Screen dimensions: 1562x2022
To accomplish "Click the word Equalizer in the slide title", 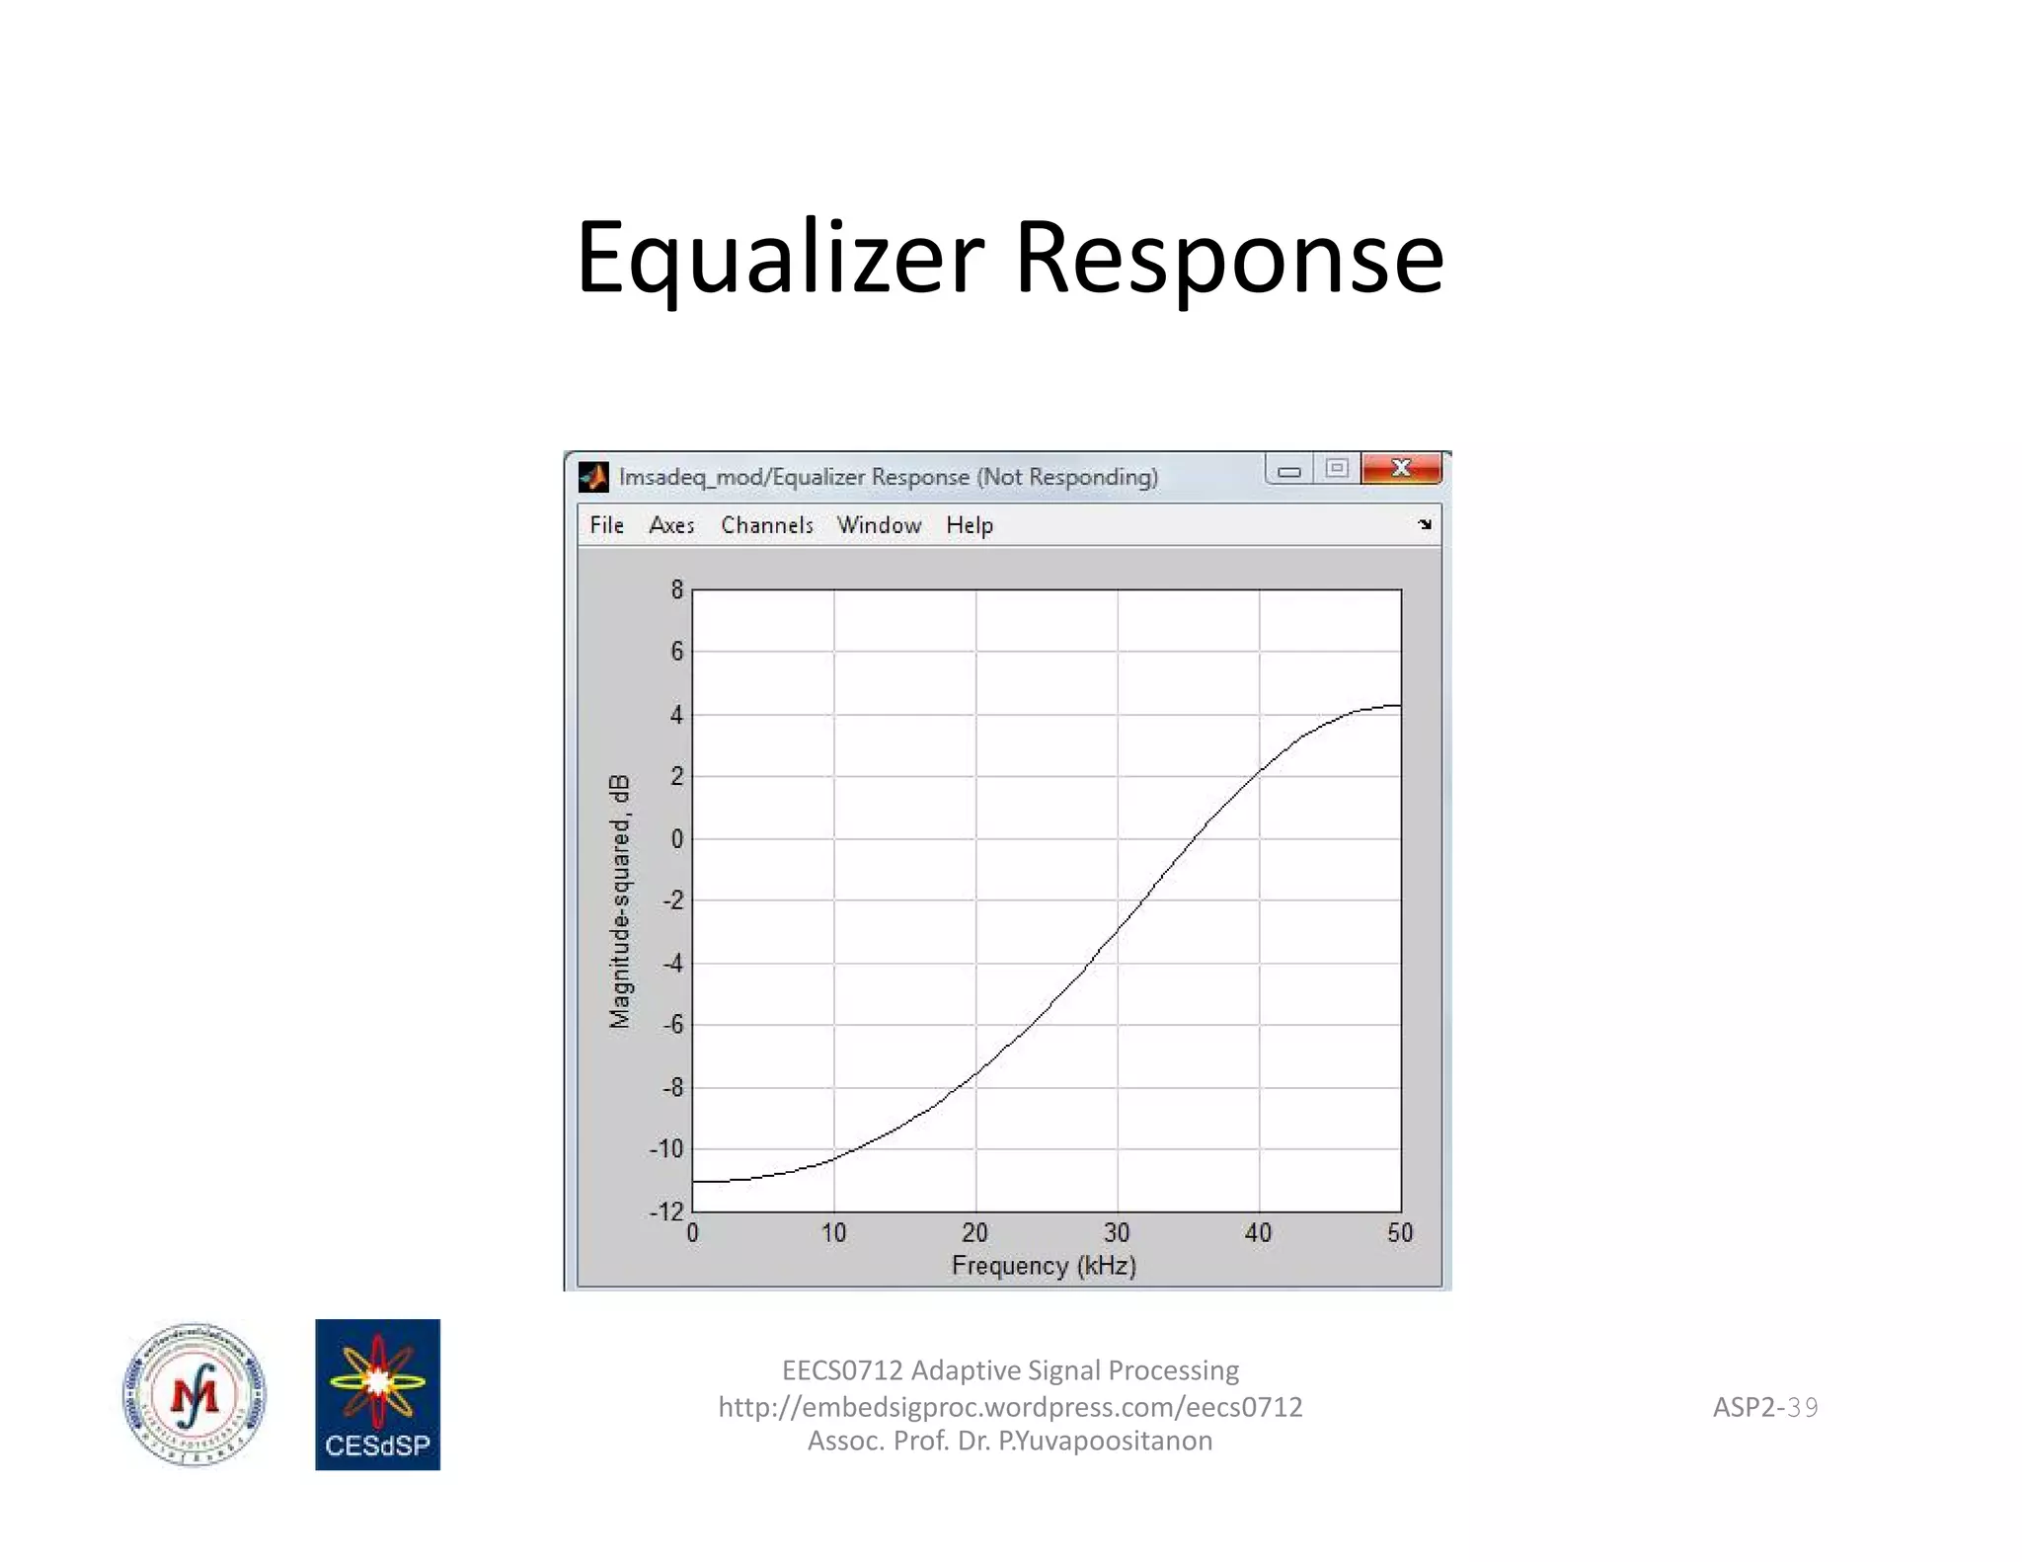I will [780, 258].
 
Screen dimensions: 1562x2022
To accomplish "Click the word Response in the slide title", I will [1229, 258].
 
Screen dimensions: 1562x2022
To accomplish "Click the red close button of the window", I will [1401, 468].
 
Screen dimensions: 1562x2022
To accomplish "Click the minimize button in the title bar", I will [1288, 470].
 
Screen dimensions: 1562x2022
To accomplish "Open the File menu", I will [606, 525].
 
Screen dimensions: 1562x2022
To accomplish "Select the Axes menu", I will [671, 525].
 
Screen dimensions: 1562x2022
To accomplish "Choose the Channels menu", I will [767, 525].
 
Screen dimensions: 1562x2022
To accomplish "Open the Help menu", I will [970, 525].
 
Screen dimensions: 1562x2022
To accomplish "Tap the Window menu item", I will [879, 525].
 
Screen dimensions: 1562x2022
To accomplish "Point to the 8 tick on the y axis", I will [676, 590].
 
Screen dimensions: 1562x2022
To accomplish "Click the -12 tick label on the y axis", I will [666, 1211].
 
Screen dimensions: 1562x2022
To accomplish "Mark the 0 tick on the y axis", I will [676, 839].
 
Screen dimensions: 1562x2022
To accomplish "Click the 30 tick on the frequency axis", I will [1117, 1232].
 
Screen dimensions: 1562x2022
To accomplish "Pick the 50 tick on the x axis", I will [1400, 1232].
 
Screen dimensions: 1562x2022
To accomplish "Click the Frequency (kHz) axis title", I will [1044, 1266].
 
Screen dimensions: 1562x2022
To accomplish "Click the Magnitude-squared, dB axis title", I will [619, 901].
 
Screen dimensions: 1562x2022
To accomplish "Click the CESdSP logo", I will [377, 1394].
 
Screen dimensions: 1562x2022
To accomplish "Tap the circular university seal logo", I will [194, 1394].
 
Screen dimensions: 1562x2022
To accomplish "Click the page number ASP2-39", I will [1764, 1407].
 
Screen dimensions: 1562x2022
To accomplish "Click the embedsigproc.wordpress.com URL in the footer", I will [1010, 1407].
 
